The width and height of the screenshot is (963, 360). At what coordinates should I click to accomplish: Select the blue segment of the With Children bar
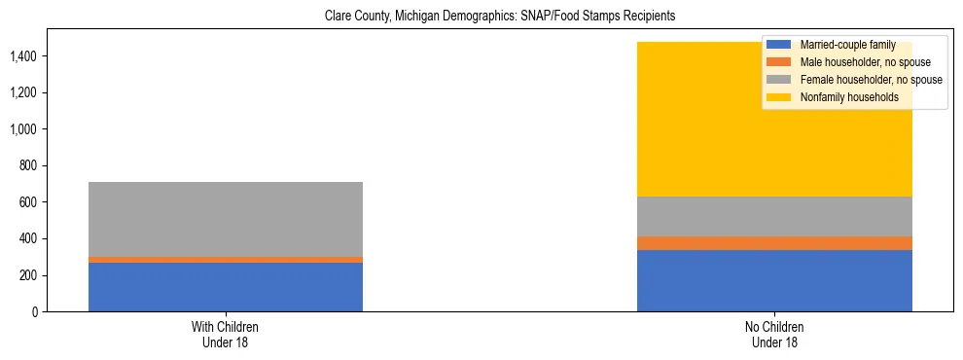tap(226, 287)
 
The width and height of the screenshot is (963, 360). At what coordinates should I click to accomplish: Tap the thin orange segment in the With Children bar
tap(226, 260)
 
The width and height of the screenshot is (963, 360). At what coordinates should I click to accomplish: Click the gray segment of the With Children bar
tap(226, 219)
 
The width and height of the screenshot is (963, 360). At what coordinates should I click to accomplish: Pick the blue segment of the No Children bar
tap(774, 281)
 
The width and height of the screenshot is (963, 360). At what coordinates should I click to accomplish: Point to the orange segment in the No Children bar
tap(774, 243)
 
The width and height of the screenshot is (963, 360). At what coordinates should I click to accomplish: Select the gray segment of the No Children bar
tap(774, 216)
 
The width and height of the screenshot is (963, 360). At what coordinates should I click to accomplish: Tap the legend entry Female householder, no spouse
tap(857, 80)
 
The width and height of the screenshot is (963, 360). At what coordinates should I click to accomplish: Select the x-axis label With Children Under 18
tap(226, 335)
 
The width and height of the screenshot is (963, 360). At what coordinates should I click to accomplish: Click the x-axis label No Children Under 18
tap(774, 335)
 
